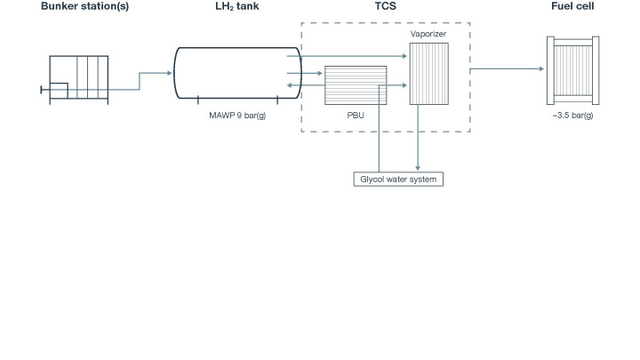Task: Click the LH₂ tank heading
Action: pos(235,8)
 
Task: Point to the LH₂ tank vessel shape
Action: pos(235,72)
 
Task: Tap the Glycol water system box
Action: pos(398,178)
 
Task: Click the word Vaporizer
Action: pos(428,35)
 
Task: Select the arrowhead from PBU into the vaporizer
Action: pos(404,85)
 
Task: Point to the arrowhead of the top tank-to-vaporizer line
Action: pos(404,56)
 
